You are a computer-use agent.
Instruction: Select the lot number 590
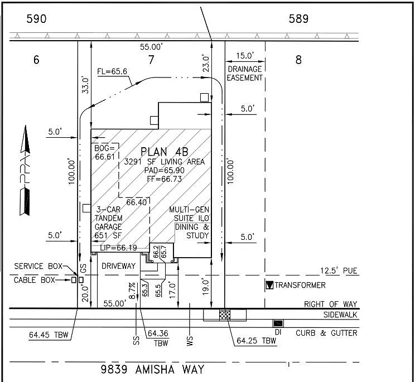36,19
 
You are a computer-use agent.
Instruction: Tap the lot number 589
298,19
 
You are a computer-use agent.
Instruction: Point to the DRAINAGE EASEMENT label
245,73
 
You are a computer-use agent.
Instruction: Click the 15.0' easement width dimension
245,56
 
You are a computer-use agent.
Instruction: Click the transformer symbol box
269,286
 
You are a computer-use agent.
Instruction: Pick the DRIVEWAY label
118,267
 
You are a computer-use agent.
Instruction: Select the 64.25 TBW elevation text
257,340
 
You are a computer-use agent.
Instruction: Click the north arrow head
24,139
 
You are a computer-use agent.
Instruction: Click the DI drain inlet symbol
277,323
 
